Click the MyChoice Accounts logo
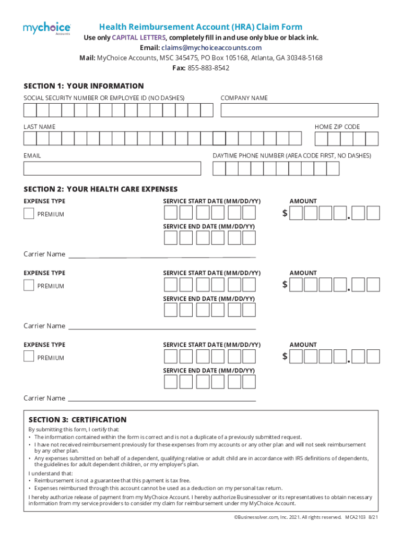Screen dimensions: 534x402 point(46,28)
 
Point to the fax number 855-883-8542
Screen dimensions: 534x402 point(208,68)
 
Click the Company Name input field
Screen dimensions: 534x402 point(299,110)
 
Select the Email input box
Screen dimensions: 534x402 point(112,168)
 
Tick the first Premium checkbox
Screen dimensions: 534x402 point(29,213)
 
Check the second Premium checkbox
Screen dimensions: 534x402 point(29,285)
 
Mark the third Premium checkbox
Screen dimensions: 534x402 point(29,357)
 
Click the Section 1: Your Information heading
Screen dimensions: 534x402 point(84,86)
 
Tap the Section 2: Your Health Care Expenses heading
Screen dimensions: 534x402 point(100,189)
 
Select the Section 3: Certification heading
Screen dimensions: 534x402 point(77,420)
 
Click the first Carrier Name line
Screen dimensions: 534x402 point(162,257)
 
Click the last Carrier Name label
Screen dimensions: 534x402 point(44,398)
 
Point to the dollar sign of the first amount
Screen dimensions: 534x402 point(285,213)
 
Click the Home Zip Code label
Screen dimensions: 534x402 point(337,127)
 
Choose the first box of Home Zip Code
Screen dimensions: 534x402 point(321,139)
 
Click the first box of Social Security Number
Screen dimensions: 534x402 point(30,110)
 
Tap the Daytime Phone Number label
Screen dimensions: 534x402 point(292,156)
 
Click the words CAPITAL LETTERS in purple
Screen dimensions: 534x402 point(139,38)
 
